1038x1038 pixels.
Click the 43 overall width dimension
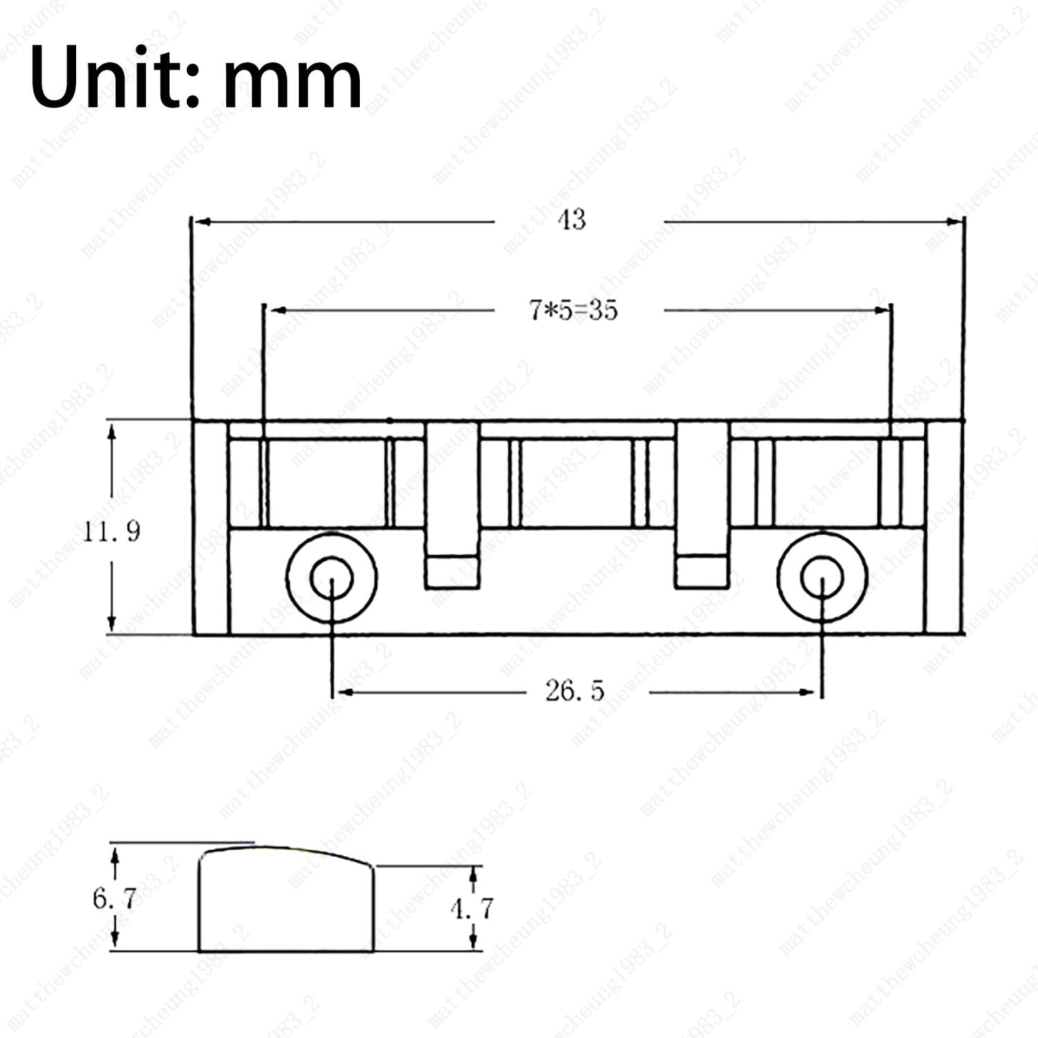tap(572, 220)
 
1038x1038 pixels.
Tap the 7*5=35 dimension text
tap(573, 310)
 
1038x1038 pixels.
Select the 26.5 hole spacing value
tap(575, 690)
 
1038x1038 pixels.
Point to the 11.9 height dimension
tap(112, 532)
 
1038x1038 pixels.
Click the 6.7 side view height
tap(115, 899)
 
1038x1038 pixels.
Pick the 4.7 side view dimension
tap(472, 909)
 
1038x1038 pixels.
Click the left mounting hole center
tap(332, 578)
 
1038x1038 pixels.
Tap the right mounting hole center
tap(822, 578)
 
